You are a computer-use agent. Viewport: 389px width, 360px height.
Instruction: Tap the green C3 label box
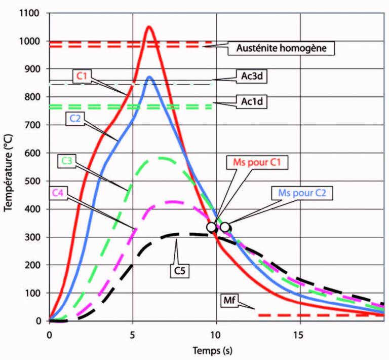(66, 161)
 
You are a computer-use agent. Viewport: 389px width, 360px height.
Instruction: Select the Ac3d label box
(251, 77)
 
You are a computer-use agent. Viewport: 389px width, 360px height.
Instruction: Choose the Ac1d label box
(251, 101)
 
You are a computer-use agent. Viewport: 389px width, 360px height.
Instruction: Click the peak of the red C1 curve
(149, 27)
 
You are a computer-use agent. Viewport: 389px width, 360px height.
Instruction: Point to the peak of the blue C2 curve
(149, 77)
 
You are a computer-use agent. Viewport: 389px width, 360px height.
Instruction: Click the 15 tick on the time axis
(300, 335)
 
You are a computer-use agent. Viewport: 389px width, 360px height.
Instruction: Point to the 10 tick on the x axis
(217, 335)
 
